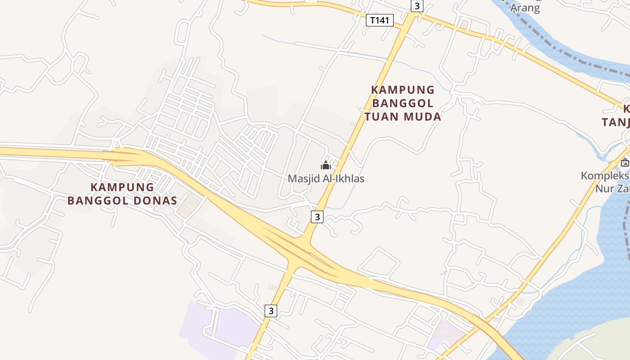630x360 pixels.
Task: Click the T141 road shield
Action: [x=380, y=20]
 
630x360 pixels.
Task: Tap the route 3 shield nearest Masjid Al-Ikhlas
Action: [x=317, y=217]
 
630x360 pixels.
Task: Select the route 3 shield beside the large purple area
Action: [x=270, y=310]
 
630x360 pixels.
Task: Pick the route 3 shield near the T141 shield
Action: [x=417, y=6]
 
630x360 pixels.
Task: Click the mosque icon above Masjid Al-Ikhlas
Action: [x=326, y=165]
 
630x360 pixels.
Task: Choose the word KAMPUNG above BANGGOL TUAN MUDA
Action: [x=403, y=90]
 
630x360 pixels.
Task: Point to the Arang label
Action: [x=525, y=8]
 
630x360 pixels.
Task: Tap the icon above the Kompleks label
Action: [x=625, y=163]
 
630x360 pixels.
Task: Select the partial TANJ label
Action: [x=616, y=122]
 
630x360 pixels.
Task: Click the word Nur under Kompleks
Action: [x=604, y=189]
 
